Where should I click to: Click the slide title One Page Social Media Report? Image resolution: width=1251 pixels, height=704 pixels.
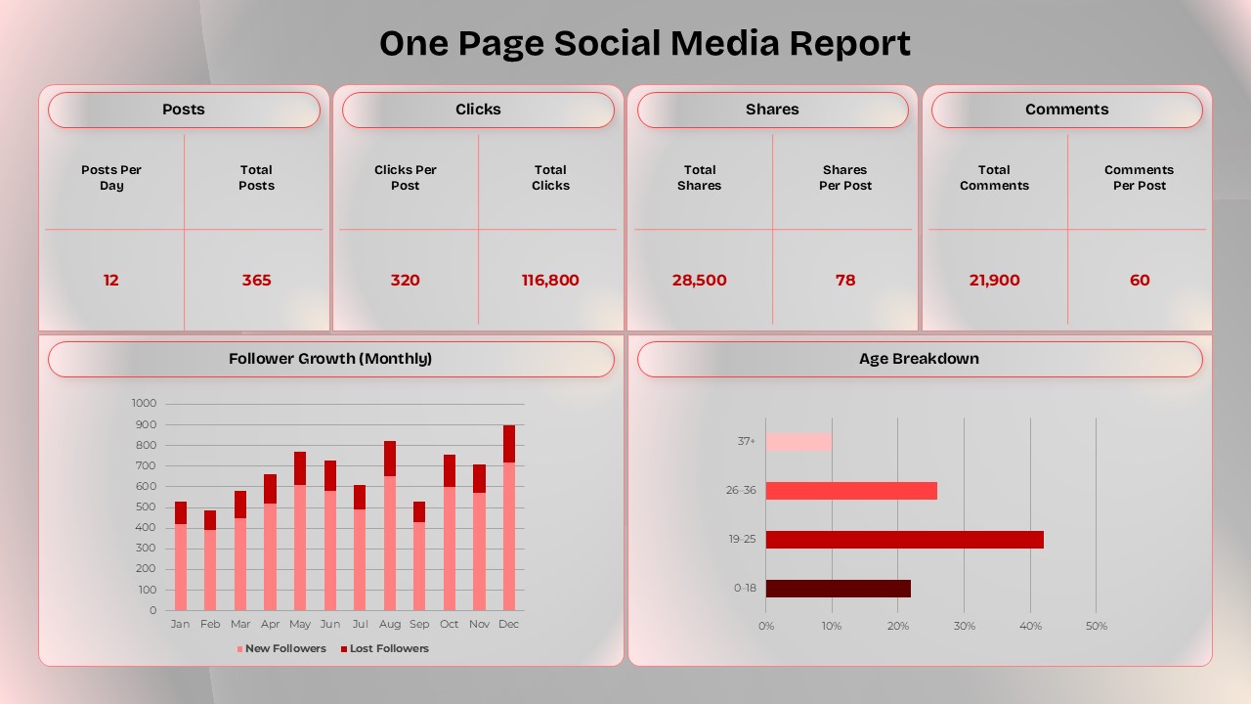pyautogui.click(x=644, y=43)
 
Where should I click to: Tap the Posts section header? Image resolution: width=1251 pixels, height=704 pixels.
pyautogui.click(x=184, y=110)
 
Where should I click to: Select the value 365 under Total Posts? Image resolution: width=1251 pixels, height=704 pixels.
pyautogui.click(x=256, y=281)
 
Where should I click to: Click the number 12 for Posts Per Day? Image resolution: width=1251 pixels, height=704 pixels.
pyautogui.click(x=111, y=281)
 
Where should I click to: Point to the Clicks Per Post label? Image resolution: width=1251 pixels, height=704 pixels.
pyautogui.click(x=406, y=177)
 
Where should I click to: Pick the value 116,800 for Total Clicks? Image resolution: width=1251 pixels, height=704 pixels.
pyautogui.click(x=550, y=281)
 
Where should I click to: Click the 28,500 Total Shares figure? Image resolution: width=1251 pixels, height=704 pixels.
pyautogui.click(x=699, y=281)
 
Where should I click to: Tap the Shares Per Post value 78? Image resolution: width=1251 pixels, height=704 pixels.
pyautogui.click(x=845, y=281)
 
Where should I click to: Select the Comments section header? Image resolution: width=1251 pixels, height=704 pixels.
pyautogui.click(x=1066, y=110)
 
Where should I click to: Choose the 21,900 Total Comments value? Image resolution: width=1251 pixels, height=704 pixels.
pyautogui.click(x=994, y=281)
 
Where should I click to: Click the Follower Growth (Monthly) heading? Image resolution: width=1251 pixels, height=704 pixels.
pyautogui.click(x=330, y=359)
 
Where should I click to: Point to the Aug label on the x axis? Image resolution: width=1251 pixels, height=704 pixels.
pyautogui.click(x=390, y=624)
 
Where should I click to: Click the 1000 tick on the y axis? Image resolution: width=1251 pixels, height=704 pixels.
pyautogui.click(x=144, y=403)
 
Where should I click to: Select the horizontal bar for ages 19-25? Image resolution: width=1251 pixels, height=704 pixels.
pyautogui.click(x=904, y=540)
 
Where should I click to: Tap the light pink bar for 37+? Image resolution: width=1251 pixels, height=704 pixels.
pyautogui.click(x=798, y=442)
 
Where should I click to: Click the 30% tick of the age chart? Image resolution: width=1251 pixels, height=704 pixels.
pyautogui.click(x=964, y=626)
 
